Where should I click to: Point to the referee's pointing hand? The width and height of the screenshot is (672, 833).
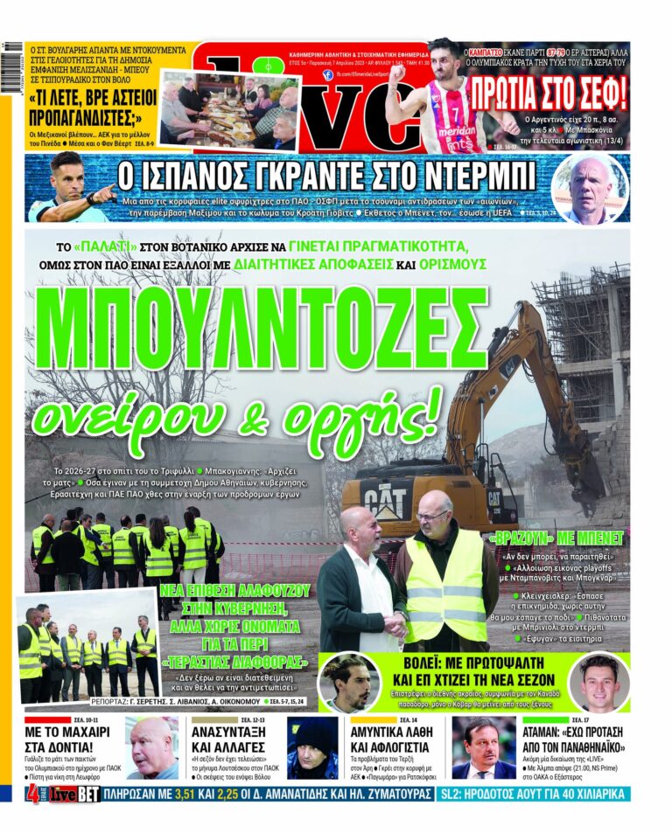(102, 194)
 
